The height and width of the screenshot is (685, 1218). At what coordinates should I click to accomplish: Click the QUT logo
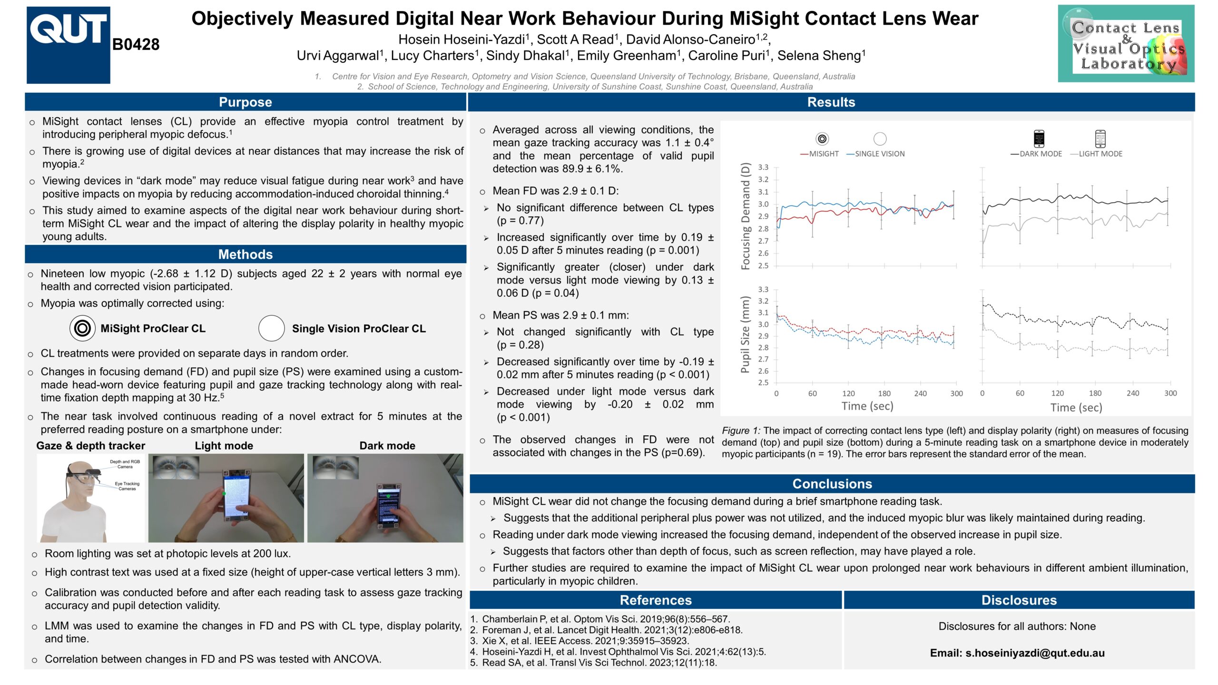[x=68, y=45]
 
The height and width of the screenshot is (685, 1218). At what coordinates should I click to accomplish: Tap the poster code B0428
[x=136, y=44]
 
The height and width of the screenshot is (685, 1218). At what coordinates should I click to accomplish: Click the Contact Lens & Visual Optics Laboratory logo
[x=1126, y=44]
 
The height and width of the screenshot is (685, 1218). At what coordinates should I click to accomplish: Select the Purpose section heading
[x=245, y=102]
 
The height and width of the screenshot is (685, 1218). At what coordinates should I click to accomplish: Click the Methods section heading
[x=245, y=254]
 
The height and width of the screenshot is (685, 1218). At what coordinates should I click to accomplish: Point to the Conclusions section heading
[x=832, y=483]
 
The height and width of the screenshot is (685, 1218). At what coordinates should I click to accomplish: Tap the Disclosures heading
[x=1019, y=600]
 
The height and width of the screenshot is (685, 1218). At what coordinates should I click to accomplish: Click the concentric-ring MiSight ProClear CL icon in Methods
[x=82, y=328]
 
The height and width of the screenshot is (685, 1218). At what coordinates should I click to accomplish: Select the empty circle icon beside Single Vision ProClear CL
[x=271, y=328]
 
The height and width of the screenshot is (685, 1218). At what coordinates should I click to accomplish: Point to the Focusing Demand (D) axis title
[x=745, y=216]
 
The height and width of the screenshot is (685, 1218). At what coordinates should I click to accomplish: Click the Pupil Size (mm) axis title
[x=745, y=334]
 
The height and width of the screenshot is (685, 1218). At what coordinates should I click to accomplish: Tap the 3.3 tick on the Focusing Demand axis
[x=763, y=167]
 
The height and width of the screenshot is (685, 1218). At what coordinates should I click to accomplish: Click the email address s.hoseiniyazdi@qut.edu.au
[x=1017, y=653]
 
